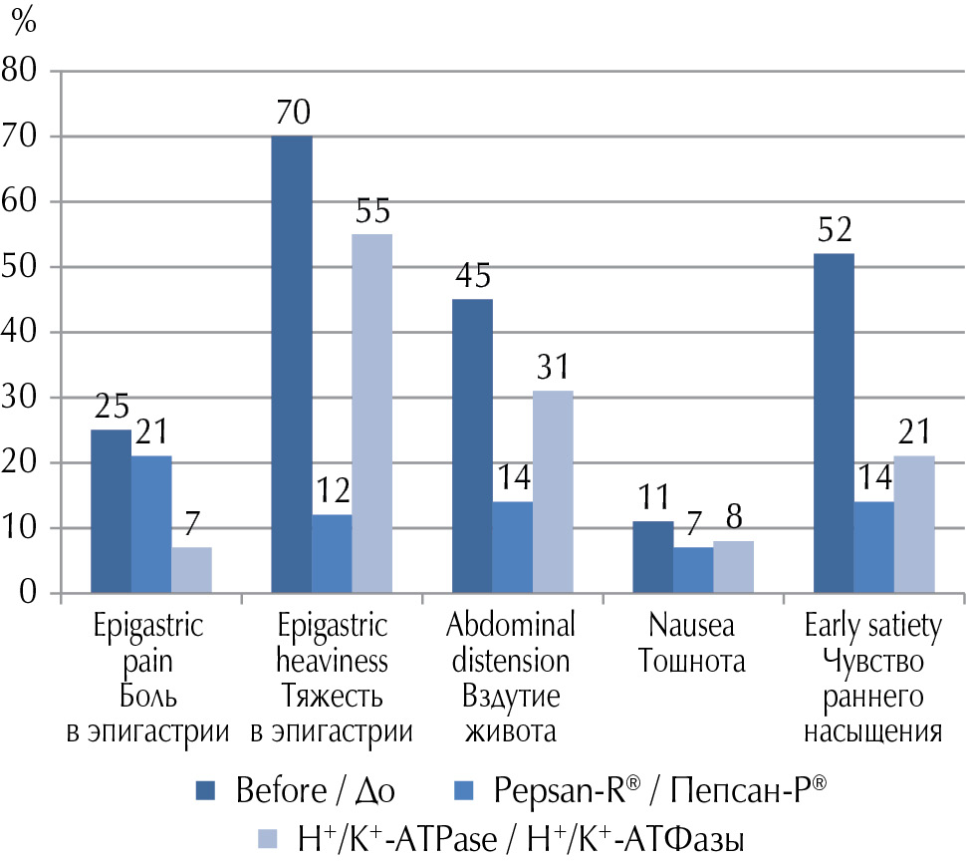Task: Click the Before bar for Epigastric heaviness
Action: (292, 365)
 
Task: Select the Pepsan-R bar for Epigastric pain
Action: (151, 525)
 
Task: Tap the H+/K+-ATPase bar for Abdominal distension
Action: (553, 492)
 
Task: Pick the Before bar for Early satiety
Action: (834, 424)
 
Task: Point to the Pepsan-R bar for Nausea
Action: (693, 571)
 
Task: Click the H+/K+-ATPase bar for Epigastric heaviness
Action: (372, 414)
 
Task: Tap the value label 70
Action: (292, 115)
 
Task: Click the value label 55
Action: (372, 212)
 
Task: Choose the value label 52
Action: (834, 232)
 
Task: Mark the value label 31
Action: (553, 369)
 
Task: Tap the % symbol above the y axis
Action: (23, 19)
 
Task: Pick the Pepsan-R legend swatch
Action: (466, 792)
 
